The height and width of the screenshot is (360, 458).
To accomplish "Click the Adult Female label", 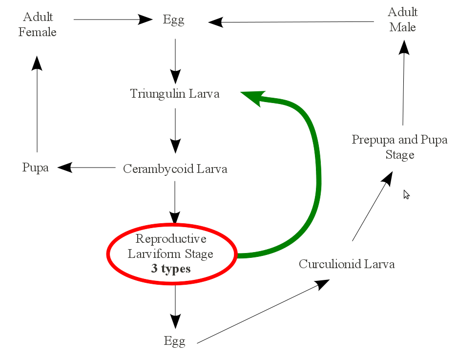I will click(38, 25).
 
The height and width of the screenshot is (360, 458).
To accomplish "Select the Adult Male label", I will click(402, 20).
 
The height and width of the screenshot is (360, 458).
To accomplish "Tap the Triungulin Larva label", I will click(175, 93).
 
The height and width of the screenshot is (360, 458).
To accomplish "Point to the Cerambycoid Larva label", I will click(175, 169).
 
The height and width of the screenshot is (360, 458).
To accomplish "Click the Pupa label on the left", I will click(36, 168).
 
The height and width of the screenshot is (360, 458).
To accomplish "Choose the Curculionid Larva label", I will click(347, 264).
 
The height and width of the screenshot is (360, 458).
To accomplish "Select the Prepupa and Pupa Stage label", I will click(399, 147).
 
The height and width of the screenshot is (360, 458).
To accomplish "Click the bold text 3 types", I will click(171, 269).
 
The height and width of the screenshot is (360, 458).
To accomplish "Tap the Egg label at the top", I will click(174, 21).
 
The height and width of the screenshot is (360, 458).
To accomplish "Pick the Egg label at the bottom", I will click(175, 341).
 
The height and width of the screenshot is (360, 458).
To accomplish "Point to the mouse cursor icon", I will click(406, 194).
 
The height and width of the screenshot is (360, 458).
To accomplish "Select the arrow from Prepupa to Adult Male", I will click(403, 83).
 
